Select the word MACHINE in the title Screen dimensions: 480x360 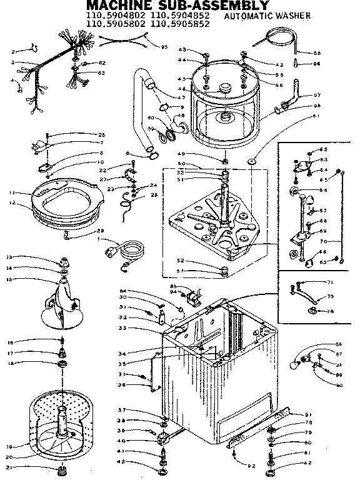coord(112,4)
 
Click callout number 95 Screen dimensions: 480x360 coord(164,47)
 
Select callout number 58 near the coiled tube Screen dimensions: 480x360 coord(316,53)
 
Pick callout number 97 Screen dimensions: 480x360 coord(317,95)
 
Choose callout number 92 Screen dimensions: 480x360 coord(252,465)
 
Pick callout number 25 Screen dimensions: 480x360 coord(102,135)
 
